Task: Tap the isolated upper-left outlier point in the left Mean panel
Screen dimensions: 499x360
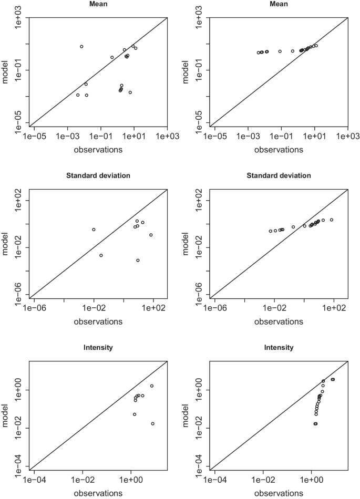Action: click(81, 47)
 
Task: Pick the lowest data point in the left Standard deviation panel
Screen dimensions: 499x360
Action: click(138, 261)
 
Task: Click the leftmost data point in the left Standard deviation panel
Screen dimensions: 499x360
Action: click(94, 230)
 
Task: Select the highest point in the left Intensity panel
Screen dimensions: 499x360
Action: click(152, 386)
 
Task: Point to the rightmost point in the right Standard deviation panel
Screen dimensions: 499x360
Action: click(332, 220)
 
